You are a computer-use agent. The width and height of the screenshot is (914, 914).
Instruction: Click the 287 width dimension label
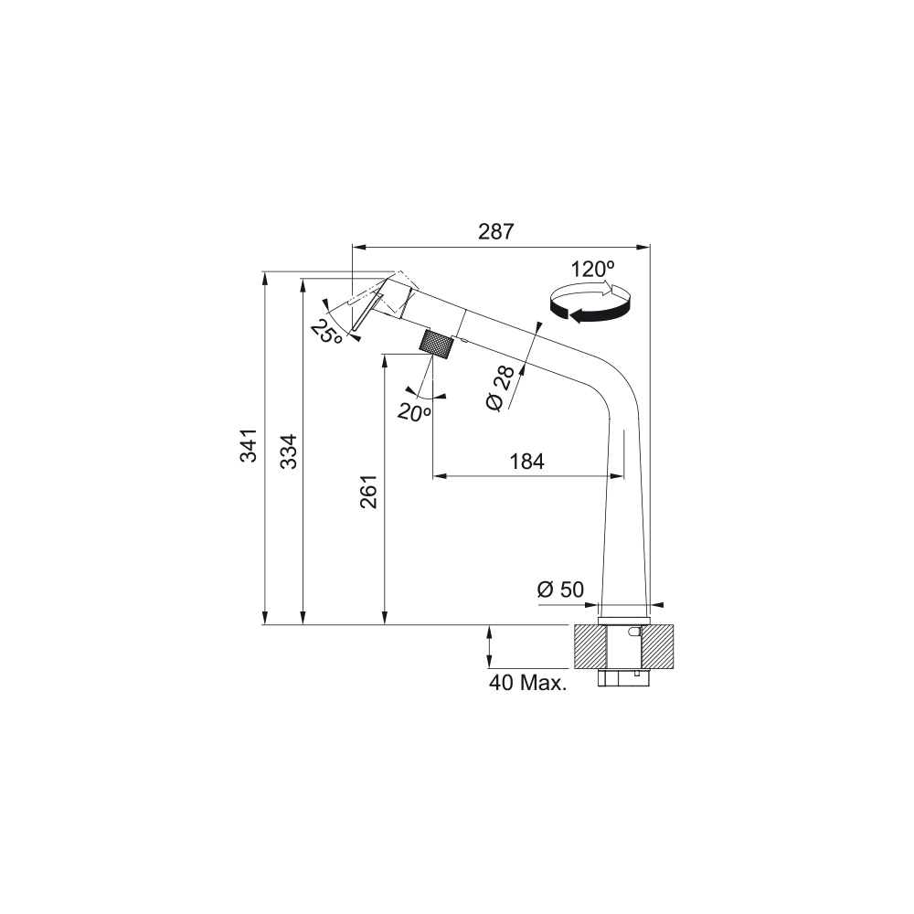[496, 231]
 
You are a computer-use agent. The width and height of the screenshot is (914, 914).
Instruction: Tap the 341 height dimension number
[249, 445]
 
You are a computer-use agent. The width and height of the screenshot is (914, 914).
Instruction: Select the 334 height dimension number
[289, 452]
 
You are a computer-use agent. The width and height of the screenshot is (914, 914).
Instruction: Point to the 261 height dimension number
[369, 492]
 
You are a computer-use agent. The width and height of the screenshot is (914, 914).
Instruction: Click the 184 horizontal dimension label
[527, 462]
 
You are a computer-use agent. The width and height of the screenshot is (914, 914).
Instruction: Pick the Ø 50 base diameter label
[560, 590]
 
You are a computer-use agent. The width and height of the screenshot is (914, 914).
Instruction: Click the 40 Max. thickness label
[528, 683]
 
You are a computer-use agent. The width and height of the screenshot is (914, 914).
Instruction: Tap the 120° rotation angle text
[592, 270]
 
